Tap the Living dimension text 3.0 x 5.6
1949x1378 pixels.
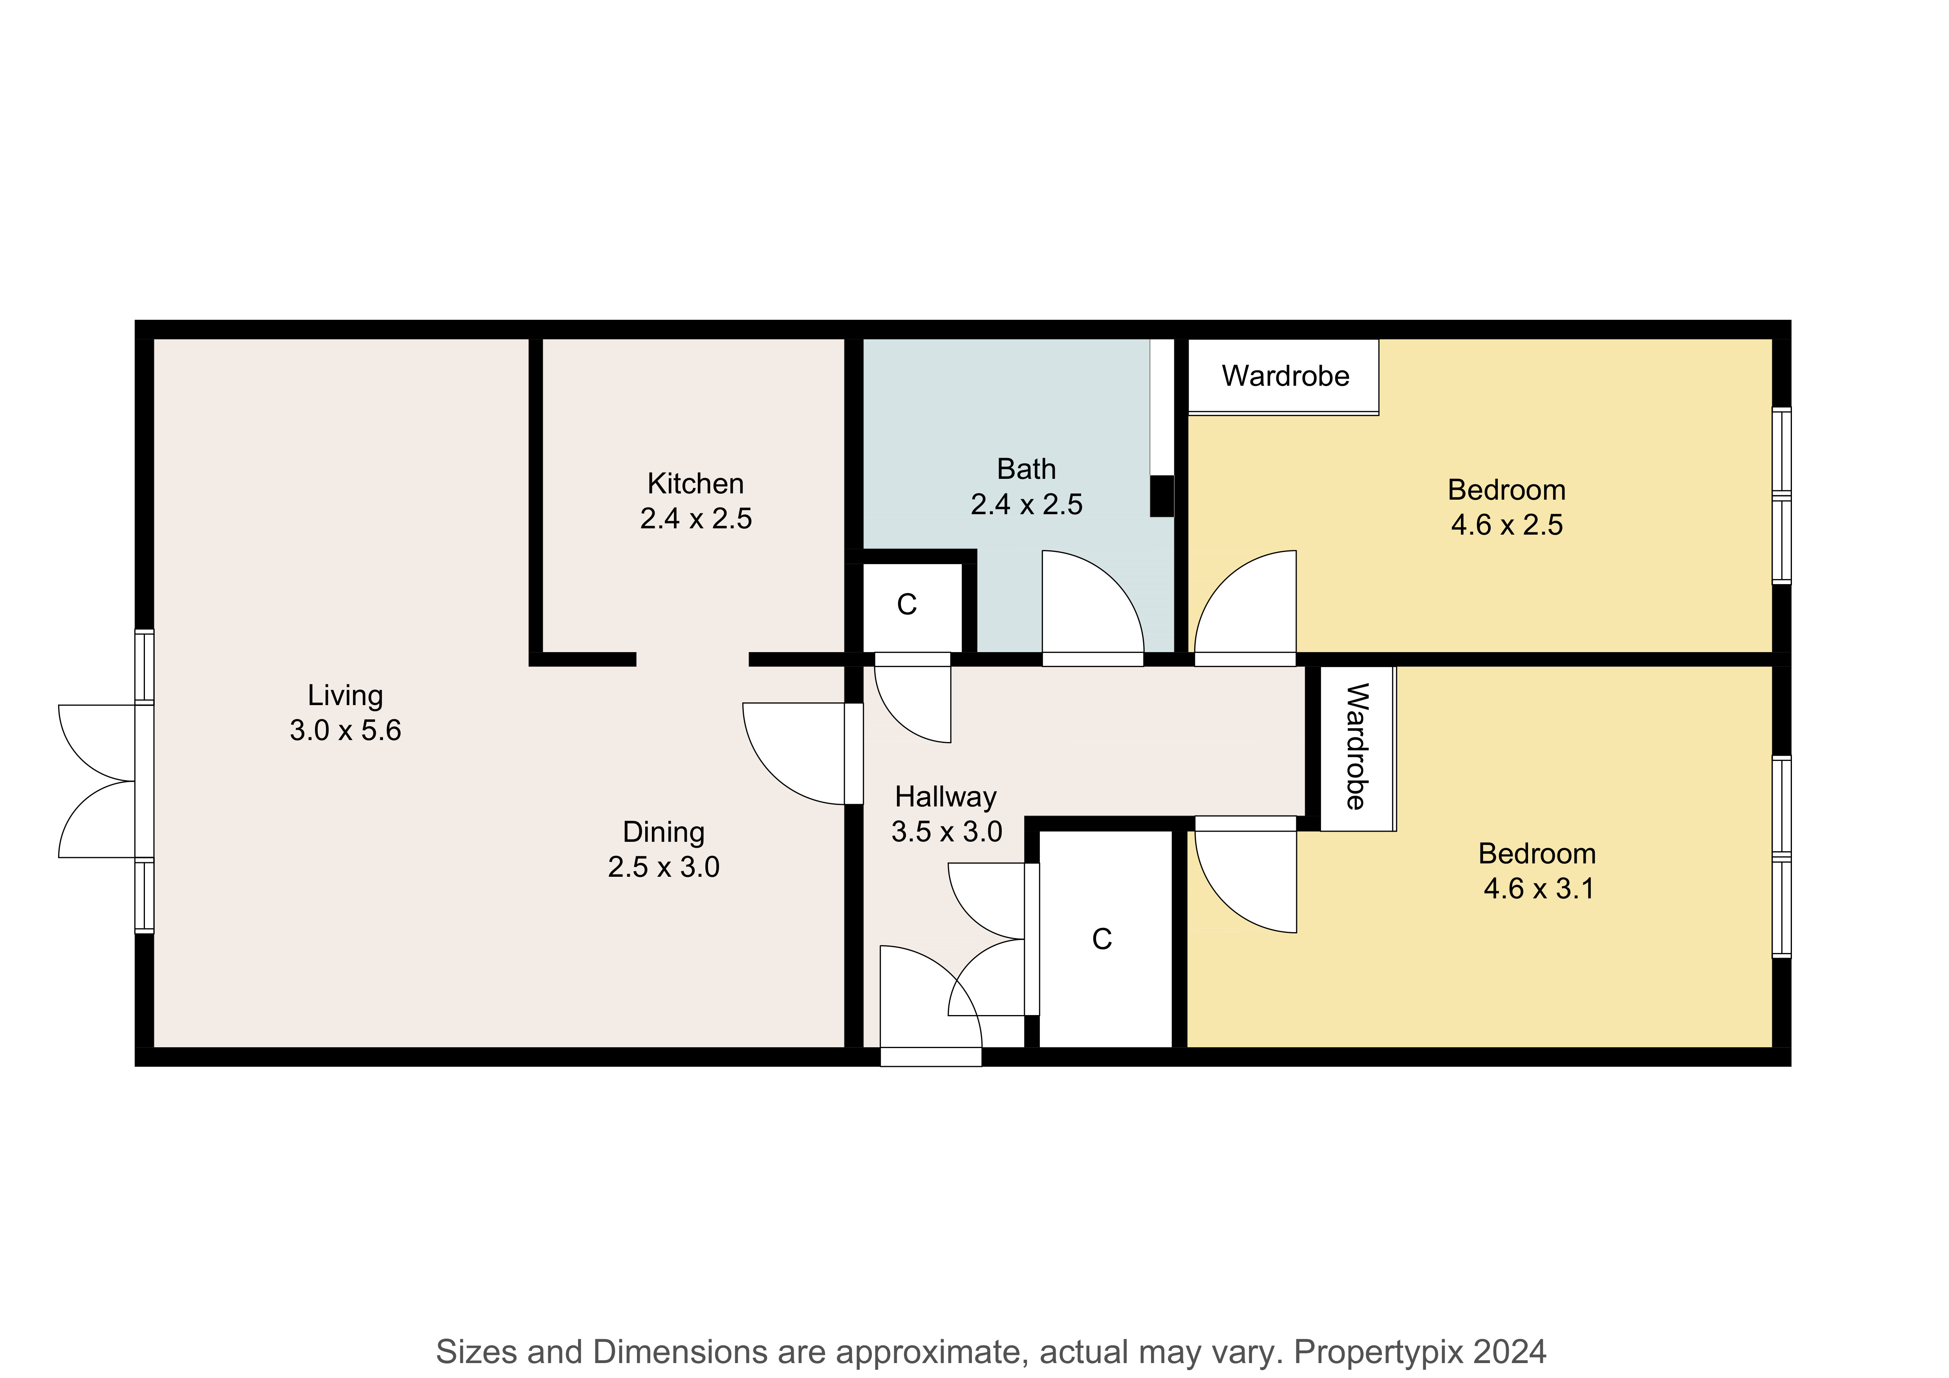(x=346, y=730)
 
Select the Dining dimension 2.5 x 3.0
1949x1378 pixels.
(x=664, y=867)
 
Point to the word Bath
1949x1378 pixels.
(x=1026, y=469)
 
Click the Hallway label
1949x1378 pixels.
(x=946, y=797)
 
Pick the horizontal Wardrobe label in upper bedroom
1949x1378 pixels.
(x=1285, y=376)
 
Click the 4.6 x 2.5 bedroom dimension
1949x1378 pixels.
(x=1507, y=525)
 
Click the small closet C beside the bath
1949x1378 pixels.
(x=907, y=605)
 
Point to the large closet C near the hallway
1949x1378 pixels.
(x=1102, y=939)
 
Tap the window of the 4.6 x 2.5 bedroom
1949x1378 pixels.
(x=1781, y=496)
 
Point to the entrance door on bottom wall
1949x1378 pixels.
(x=930, y=1006)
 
